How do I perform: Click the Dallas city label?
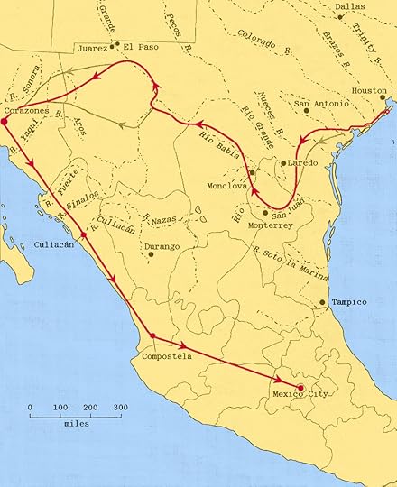(351, 6)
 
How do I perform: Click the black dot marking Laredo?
(282, 163)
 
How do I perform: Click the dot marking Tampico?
(322, 302)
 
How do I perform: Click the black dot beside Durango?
(152, 254)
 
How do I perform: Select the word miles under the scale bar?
(76, 423)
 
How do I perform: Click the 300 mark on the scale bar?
(119, 409)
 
